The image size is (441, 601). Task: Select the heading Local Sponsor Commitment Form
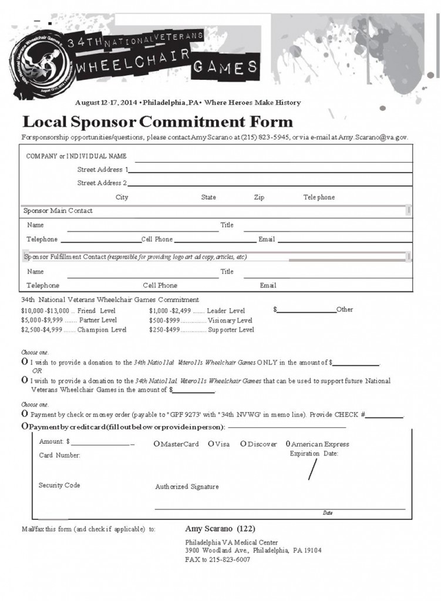tap(157, 122)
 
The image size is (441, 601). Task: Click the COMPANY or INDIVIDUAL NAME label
tap(76, 156)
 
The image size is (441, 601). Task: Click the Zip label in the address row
tap(259, 198)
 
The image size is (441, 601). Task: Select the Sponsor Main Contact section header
tap(58, 211)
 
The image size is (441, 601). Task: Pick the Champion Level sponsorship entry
tap(73, 330)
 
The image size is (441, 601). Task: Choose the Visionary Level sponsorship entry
tap(201, 320)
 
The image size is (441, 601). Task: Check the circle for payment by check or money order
tap(25, 414)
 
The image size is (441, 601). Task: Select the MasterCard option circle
tap(157, 444)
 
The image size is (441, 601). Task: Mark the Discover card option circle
tap(243, 444)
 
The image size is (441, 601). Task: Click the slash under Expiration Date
tap(313, 469)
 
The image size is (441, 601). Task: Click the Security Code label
tap(59, 485)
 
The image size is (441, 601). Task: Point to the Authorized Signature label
tap(187, 487)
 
